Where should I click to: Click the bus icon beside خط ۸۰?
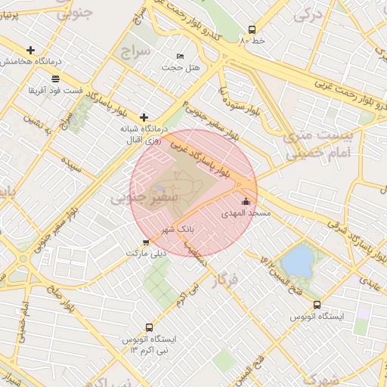click(x=252, y=31)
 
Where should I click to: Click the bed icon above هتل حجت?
click(x=180, y=57)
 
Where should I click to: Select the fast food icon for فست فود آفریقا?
click(x=55, y=79)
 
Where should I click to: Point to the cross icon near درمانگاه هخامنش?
click(x=31, y=49)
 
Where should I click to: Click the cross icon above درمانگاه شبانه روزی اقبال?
click(x=144, y=117)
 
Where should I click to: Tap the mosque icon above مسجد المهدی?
click(x=246, y=202)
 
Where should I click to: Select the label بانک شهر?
click(x=178, y=227)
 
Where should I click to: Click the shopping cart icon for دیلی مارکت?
click(x=145, y=243)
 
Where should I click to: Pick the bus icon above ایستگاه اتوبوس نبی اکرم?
click(x=148, y=328)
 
